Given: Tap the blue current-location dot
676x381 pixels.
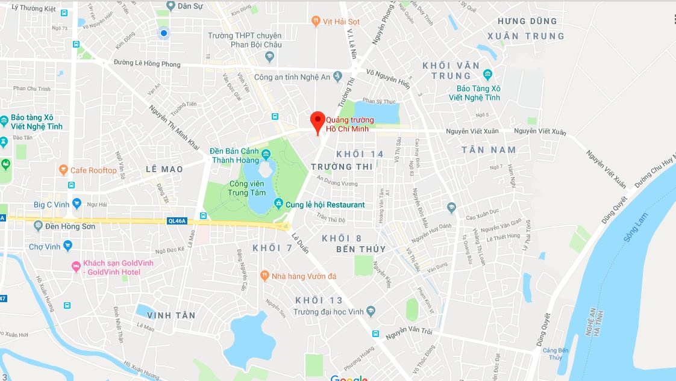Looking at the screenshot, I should click(x=163, y=33).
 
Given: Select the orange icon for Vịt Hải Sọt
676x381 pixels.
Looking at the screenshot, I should click(x=316, y=22).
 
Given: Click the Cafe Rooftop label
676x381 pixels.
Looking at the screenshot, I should click(x=93, y=170).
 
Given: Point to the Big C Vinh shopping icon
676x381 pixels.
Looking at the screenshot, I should click(x=77, y=204).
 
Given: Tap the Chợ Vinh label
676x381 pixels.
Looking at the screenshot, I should click(x=45, y=247).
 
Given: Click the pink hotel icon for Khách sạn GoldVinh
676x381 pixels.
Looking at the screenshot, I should click(x=76, y=267).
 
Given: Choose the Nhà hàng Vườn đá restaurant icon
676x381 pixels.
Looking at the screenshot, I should click(x=264, y=276).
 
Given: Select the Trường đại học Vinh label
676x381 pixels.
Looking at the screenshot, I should click(x=329, y=311).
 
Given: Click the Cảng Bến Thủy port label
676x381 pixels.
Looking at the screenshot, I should click(x=556, y=354).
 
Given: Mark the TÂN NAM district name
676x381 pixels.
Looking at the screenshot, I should click(x=489, y=149).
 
